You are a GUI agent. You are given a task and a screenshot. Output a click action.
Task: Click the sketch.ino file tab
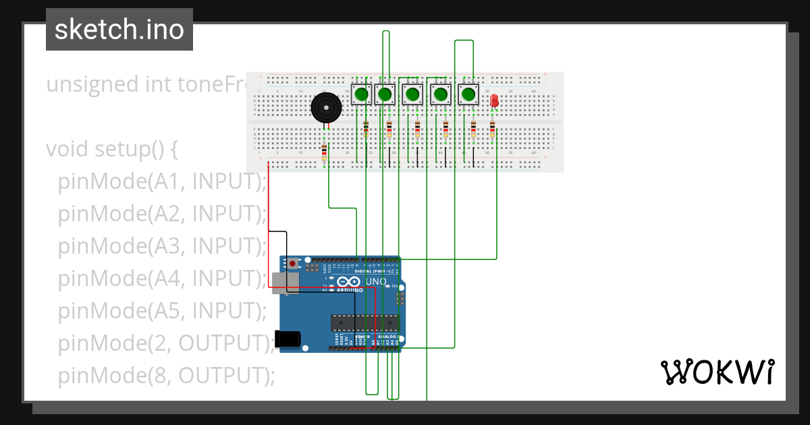tap(119, 30)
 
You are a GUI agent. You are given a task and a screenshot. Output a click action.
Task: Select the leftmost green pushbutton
tap(362, 94)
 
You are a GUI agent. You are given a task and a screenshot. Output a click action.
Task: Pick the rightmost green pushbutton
tap(468, 94)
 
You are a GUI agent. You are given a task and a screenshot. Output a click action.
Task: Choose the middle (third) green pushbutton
tap(412, 94)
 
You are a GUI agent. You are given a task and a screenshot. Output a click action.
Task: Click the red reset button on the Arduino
tap(292, 263)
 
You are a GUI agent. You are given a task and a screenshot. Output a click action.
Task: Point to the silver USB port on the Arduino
tap(283, 283)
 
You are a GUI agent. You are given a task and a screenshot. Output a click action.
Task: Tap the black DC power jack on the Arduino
tap(287, 339)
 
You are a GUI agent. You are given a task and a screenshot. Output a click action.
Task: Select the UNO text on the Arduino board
tap(376, 281)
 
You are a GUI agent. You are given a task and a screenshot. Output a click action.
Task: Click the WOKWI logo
tap(717, 372)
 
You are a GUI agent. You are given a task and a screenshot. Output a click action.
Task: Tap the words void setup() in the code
tap(111, 149)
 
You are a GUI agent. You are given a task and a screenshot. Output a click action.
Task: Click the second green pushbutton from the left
tap(385, 94)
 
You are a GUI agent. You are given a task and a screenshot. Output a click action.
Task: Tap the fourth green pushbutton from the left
tap(441, 94)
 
